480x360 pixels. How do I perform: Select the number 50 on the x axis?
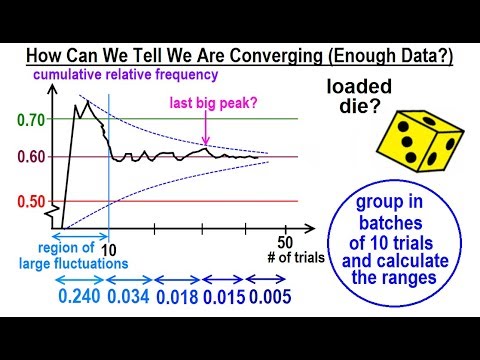point(286,242)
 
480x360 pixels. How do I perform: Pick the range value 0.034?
point(130,298)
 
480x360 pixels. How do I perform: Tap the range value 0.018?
point(177,298)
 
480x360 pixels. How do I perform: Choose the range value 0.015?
point(223,298)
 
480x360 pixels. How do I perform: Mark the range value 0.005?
point(268,298)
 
